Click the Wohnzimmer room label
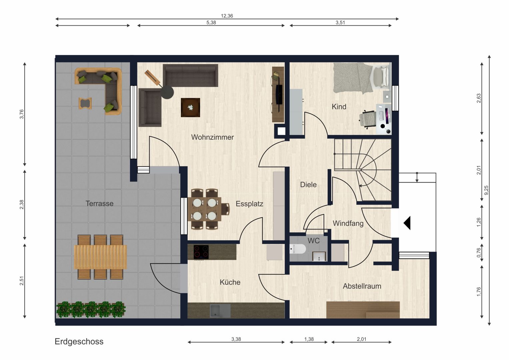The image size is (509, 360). (212, 137)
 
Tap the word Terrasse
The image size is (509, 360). (99, 203)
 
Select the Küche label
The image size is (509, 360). (230, 282)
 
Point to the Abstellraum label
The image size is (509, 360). (362, 286)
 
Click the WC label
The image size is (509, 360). (314, 241)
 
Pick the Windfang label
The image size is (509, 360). (348, 223)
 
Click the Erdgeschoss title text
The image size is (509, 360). (79, 342)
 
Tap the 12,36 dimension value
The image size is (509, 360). (227, 16)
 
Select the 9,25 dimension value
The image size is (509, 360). (486, 190)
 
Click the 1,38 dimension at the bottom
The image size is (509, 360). (309, 339)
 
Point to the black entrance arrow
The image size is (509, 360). (407, 223)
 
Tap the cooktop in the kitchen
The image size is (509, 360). (201, 252)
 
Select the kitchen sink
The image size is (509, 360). (220, 311)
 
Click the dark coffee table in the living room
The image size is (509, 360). (190, 107)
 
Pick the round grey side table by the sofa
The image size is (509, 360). (167, 92)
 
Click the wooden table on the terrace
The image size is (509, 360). (100, 257)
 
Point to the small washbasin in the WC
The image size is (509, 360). (319, 256)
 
